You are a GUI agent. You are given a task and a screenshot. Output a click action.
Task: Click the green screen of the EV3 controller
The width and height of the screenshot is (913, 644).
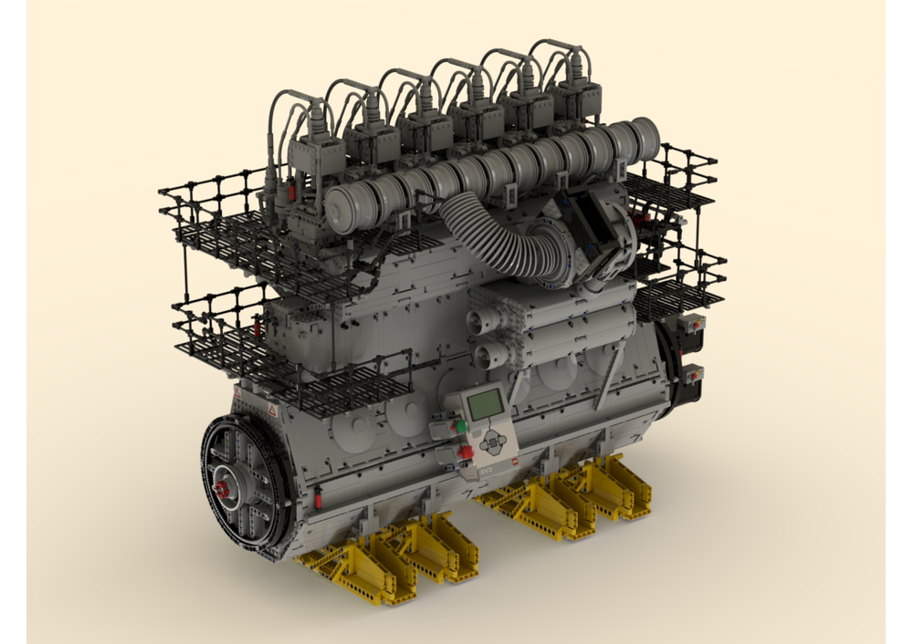coord(485,404)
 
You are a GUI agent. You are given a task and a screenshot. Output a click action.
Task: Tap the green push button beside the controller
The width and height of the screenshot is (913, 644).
coord(461,425)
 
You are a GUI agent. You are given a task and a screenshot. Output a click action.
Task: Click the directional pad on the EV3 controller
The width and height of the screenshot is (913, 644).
coord(493,443)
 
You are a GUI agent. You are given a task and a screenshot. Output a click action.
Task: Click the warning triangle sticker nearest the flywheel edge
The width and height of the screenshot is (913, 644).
coord(273,412)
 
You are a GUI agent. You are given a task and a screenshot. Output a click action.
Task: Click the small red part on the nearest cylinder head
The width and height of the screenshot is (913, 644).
coord(291,193)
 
